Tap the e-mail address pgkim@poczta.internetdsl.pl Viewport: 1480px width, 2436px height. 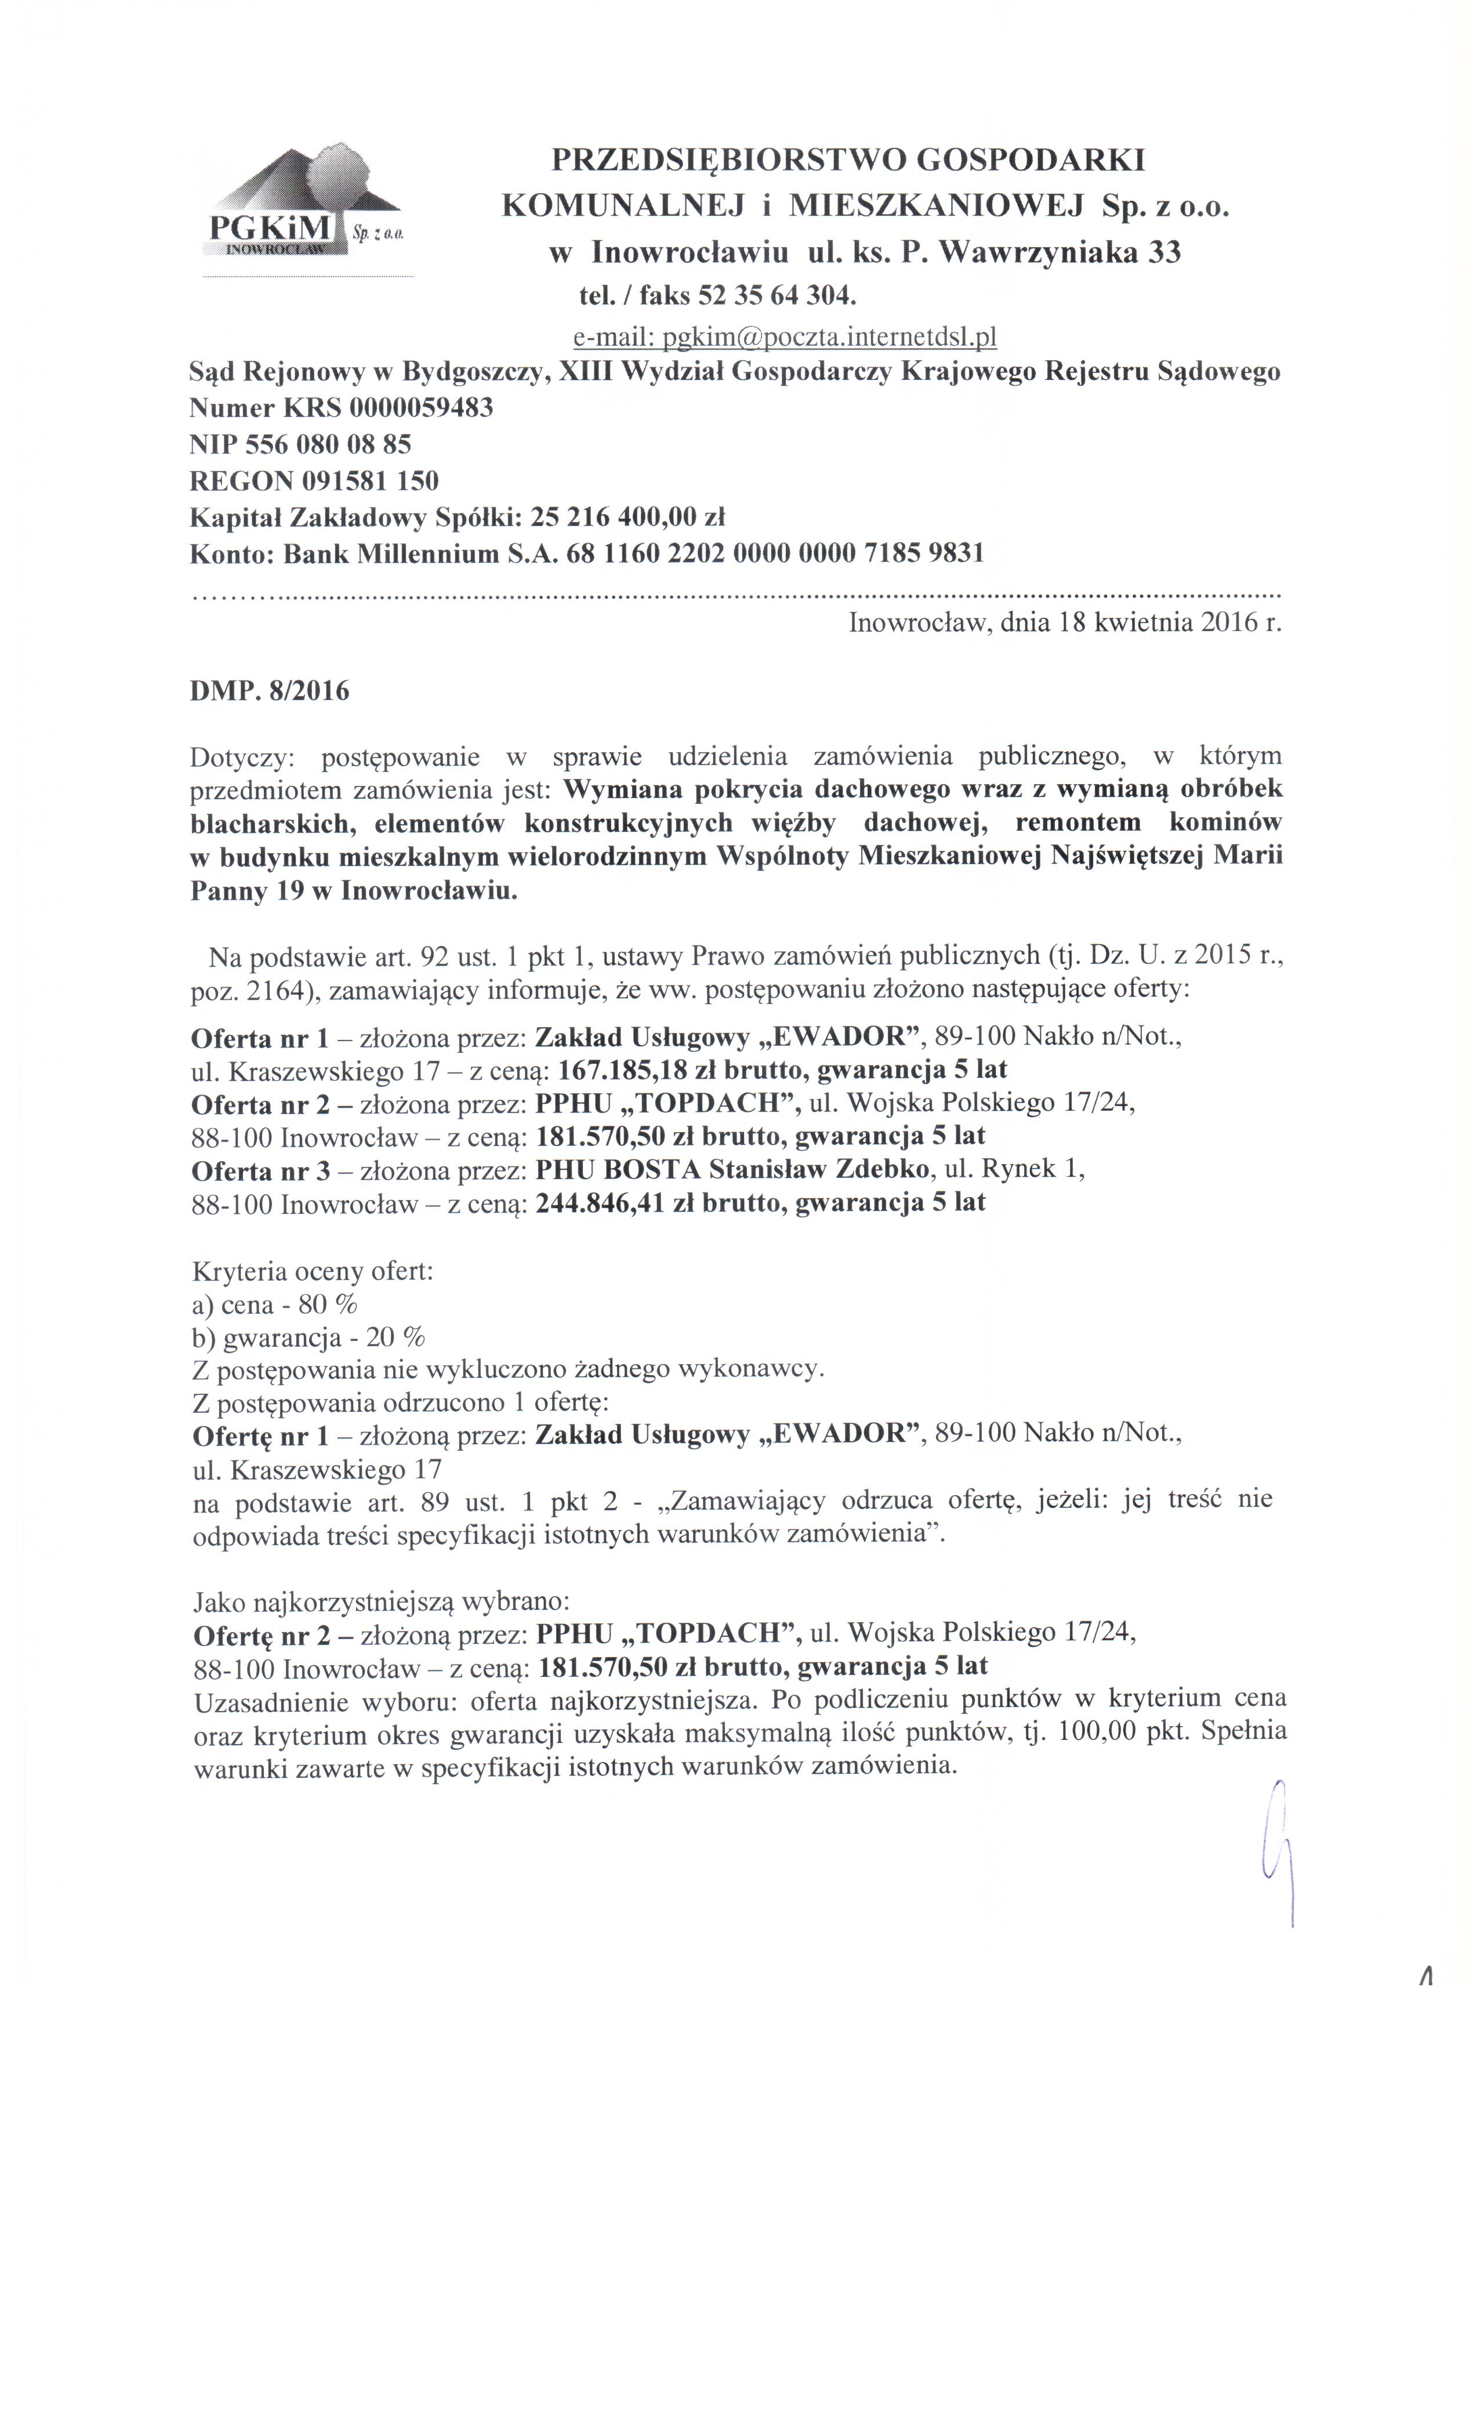pos(785,338)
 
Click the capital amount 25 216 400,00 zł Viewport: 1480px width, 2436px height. pos(629,517)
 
